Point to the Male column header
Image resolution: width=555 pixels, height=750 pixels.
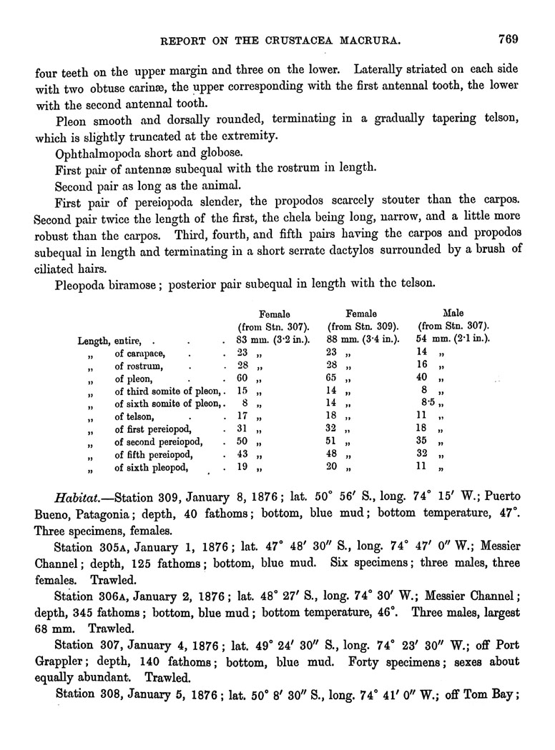coord(453,313)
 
